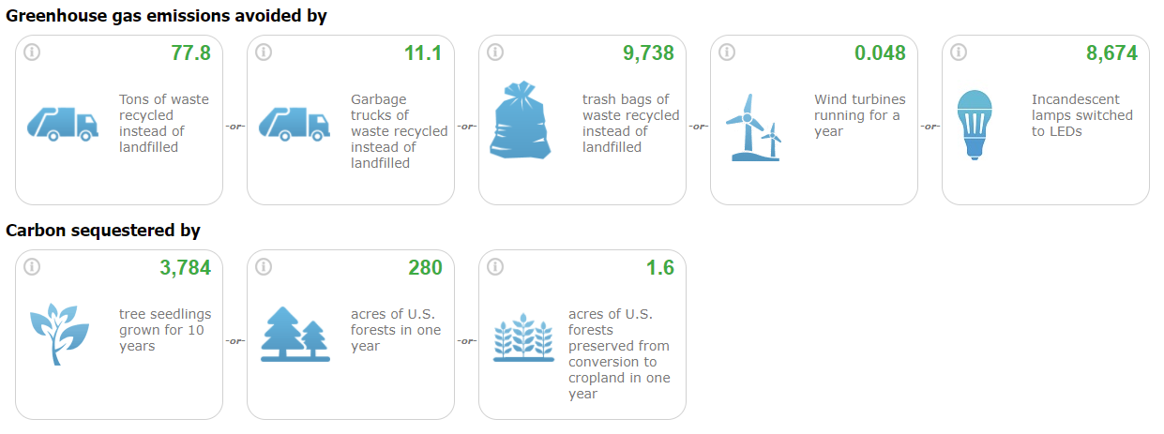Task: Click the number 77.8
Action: tap(190, 52)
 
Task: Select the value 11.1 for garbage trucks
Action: tap(423, 52)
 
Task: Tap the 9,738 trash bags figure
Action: tap(648, 52)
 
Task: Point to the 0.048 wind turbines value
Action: tap(880, 52)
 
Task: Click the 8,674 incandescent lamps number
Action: tap(1111, 52)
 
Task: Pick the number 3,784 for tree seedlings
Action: tap(185, 268)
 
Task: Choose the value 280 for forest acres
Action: tap(425, 268)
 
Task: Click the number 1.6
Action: tap(660, 268)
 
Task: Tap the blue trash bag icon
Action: tap(520, 120)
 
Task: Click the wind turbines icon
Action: tap(753, 127)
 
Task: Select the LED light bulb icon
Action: tap(975, 125)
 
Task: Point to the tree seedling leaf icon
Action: tap(59, 334)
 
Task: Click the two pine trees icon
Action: tap(295, 334)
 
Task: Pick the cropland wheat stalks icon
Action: tap(523, 337)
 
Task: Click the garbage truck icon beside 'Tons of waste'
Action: tap(63, 124)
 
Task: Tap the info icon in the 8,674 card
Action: tap(959, 52)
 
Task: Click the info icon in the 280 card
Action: tap(264, 267)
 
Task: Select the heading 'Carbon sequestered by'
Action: tap(103, 231)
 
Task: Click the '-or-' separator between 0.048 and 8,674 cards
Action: tap(930, 127)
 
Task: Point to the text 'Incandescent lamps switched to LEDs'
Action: tap(1081, 115)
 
